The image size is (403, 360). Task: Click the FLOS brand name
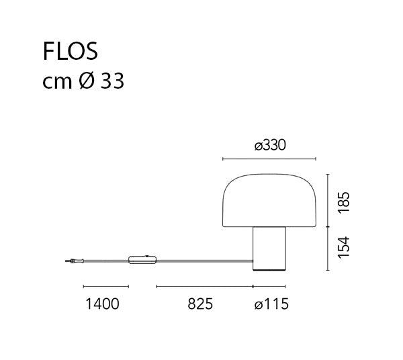pos(70,51)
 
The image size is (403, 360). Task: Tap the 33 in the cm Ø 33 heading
pos(112,81)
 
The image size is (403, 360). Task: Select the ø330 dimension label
pos(270,145)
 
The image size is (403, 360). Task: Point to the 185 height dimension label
pos(344,202)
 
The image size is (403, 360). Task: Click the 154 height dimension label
pos(344,247)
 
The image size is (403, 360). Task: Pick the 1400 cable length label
pos(102,304)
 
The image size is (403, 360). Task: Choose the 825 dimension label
pos(200,304)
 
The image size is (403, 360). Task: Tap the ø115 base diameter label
pos(271,304)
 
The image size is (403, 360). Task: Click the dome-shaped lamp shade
pos(269,200)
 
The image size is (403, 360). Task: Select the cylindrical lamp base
pos(269,249)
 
